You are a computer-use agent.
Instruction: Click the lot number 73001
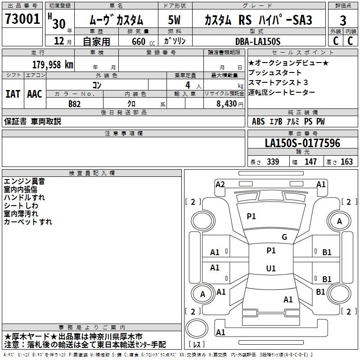[x=22, y=20]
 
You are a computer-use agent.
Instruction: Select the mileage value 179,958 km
[x=52, y=64]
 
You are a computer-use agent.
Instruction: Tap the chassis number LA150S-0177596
[x=302, y=144]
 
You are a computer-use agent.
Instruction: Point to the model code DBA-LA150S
[x=258, y=41]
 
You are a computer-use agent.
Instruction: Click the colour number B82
[x=75, y=103]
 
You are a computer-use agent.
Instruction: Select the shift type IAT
[x=13, y=94]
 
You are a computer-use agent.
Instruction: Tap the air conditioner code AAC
[x=34, y=94]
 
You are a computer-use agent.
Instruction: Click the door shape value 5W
[x=175, y=20]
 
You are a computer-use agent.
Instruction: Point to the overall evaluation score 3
[x=343, y=20]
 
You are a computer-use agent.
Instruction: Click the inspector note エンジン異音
[x=24, y=181]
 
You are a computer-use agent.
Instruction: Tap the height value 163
[x=346, y=162]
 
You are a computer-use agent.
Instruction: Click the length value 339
[x=273, y=162]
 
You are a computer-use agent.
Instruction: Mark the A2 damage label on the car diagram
[x=220, y=184]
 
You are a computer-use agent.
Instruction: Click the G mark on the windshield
[x=284, y=237]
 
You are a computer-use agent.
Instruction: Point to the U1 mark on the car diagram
[x=270, y=269]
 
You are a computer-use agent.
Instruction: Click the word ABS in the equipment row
[x=258, y=121]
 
